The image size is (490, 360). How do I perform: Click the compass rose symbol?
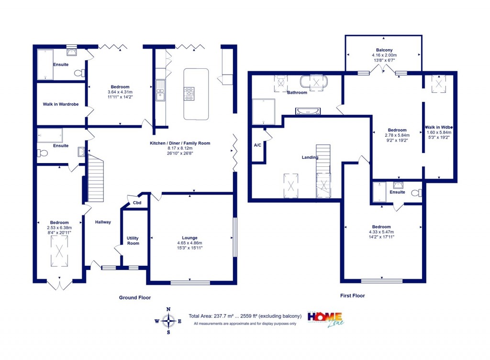tap(168, 320)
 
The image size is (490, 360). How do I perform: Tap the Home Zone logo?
tap(325, 318)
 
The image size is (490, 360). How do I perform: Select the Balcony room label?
tap(384, 50)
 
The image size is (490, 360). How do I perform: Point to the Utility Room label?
tap(133, 240)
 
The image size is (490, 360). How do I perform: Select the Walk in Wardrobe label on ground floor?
tap(61, 104)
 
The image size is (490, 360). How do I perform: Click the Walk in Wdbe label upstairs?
tap(438, 127)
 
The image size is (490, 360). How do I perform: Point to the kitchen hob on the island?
tap(190, 93)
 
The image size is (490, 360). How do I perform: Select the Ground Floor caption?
tap(135, 297)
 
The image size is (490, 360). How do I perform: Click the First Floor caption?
tap(352, 296)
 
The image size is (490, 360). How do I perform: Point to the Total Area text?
tap(245, 316)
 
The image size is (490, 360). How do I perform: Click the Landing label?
tap(310, 157)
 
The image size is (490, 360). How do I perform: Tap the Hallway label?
tap(103, 222)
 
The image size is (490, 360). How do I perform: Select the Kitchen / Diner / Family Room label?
tap(180, 143)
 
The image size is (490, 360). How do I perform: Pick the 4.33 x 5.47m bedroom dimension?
tap(381, 233)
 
